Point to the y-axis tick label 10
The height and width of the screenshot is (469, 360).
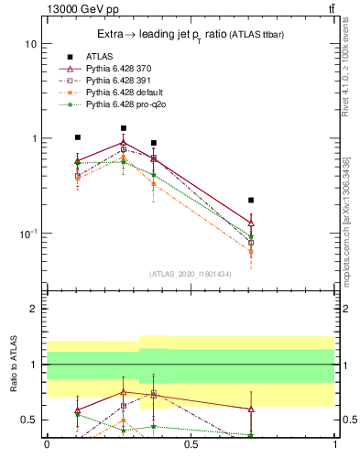(30, 44)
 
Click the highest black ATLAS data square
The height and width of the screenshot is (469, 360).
(124, 128)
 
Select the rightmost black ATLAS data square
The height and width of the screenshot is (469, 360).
(251, 200)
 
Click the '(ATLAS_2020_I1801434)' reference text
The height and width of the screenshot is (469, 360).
(189, 273)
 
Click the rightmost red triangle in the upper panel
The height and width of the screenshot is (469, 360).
(251, 223)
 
